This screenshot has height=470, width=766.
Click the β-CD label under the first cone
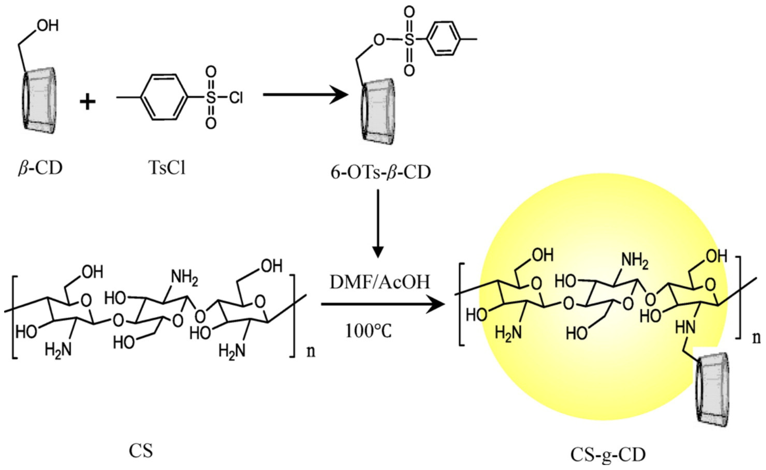[40, 168]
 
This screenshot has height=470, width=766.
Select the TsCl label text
[167, 168]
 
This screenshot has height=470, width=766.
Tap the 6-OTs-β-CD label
[380, 172]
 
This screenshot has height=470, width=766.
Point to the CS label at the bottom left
[141, 451]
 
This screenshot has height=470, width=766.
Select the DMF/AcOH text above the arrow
[379, 282]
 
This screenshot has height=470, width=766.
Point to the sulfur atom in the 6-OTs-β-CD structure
[409, 40]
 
